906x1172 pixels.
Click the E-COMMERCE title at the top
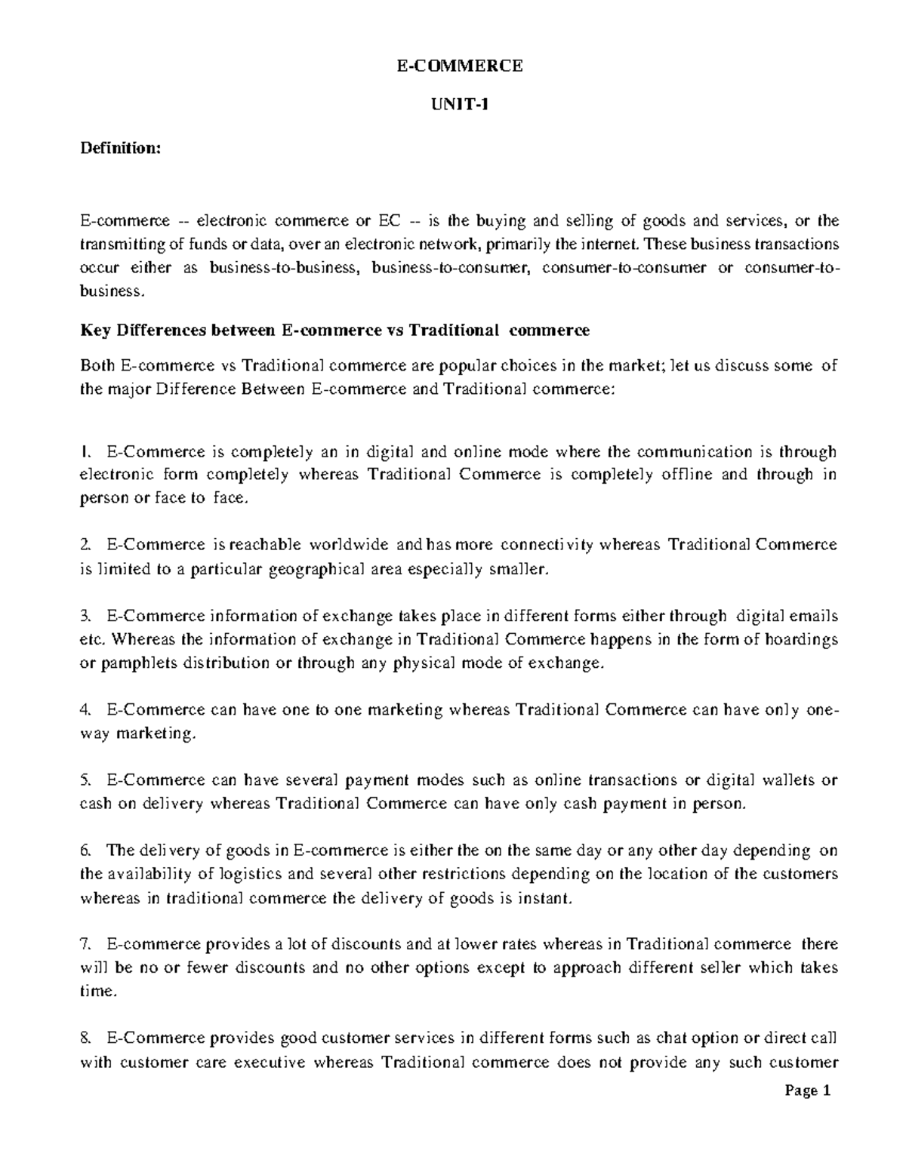[x=460, y=66]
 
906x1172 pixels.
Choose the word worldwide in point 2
[x=349, y=544]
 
